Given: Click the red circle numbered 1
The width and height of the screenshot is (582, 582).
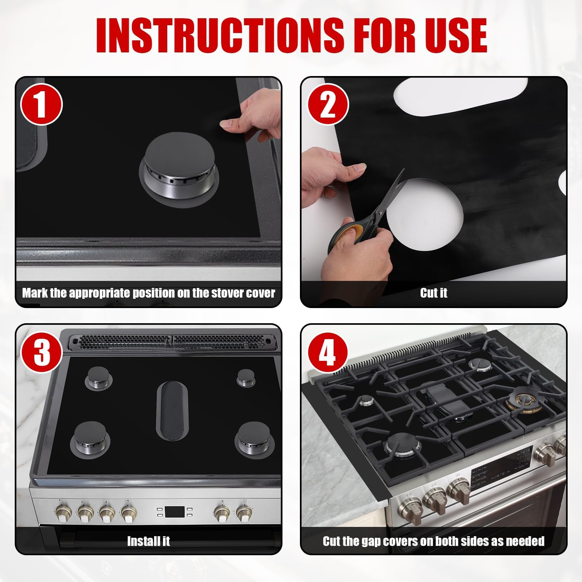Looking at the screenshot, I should point(41,104).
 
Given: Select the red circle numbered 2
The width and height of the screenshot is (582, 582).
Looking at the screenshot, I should point(328,104).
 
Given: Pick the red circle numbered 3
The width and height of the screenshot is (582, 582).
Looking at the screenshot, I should point(42,352).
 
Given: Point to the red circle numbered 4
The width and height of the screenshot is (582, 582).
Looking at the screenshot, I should point(328,352).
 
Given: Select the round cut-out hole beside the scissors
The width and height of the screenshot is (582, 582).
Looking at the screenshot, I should point(425,216).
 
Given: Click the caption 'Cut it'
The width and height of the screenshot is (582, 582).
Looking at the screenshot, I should point(433,293).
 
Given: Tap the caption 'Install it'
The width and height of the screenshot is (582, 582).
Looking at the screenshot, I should point(149,541).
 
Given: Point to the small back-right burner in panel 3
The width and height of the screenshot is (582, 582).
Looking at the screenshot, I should point(246,377).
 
